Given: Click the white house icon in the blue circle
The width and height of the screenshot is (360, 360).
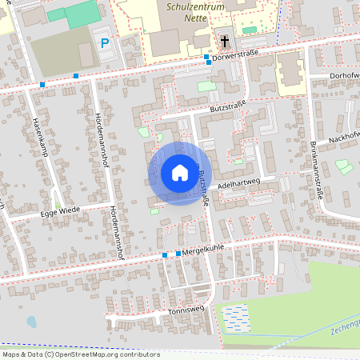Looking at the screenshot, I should pos(179,173).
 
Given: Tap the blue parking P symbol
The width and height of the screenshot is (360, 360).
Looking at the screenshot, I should pos(105,42).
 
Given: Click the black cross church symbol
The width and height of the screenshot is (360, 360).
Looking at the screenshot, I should pos(225,40).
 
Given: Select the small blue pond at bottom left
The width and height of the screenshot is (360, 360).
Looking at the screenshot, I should pos(31,322).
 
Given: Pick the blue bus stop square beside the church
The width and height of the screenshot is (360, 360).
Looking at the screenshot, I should pos(207,57).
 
